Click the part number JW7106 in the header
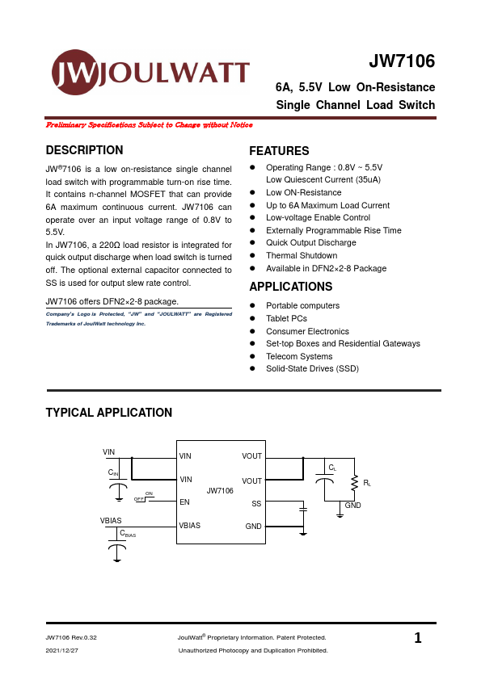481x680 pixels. (402, 62)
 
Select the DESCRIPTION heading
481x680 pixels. (85, 150)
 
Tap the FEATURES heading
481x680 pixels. (279, 151)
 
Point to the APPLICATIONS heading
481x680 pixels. (290, 287)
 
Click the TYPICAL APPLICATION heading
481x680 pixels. (109, 413)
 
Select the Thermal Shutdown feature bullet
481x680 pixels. (302, 255)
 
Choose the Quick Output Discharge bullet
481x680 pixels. (310, 242)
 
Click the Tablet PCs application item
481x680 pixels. (286, 318)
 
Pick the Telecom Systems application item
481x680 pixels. (299, 356)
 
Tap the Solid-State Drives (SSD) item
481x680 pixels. (312, 368)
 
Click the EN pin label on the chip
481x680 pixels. (184, 502)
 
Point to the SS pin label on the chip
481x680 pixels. (256, 503)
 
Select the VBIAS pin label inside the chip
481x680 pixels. (190, 525)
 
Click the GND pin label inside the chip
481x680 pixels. (253, 526)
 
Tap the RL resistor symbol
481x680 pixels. (353, 483)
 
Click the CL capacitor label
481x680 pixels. (332, 468)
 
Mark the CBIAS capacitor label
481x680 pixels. (128, 534)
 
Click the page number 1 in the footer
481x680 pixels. (418, 639)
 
